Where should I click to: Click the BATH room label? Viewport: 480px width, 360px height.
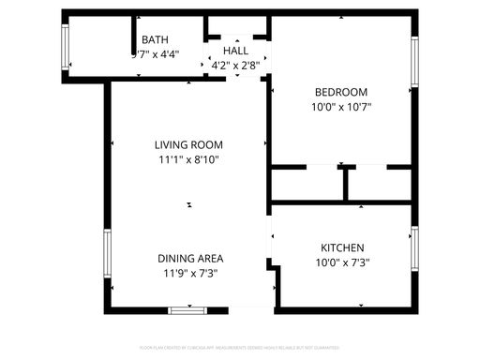point(155,39)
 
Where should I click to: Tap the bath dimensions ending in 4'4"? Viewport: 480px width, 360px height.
point(155,54)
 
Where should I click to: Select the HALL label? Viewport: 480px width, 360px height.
point(235,51)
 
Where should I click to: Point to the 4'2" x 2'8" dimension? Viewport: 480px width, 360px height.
point(234,66)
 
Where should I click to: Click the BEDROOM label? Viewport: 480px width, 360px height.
point(340,92)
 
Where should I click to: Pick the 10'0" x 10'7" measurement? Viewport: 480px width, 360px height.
point(341,107)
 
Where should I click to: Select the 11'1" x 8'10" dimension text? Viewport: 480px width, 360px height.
point(188,159)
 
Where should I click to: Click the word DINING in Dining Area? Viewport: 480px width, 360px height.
point(176,258)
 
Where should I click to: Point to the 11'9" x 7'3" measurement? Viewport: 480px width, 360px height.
point(188,273)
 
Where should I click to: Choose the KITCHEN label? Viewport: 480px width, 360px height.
point(342,247)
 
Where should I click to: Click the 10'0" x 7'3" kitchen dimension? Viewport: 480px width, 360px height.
point(342,262)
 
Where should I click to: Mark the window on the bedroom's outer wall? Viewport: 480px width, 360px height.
point(413,62)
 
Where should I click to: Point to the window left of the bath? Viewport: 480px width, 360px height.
point(66,46)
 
